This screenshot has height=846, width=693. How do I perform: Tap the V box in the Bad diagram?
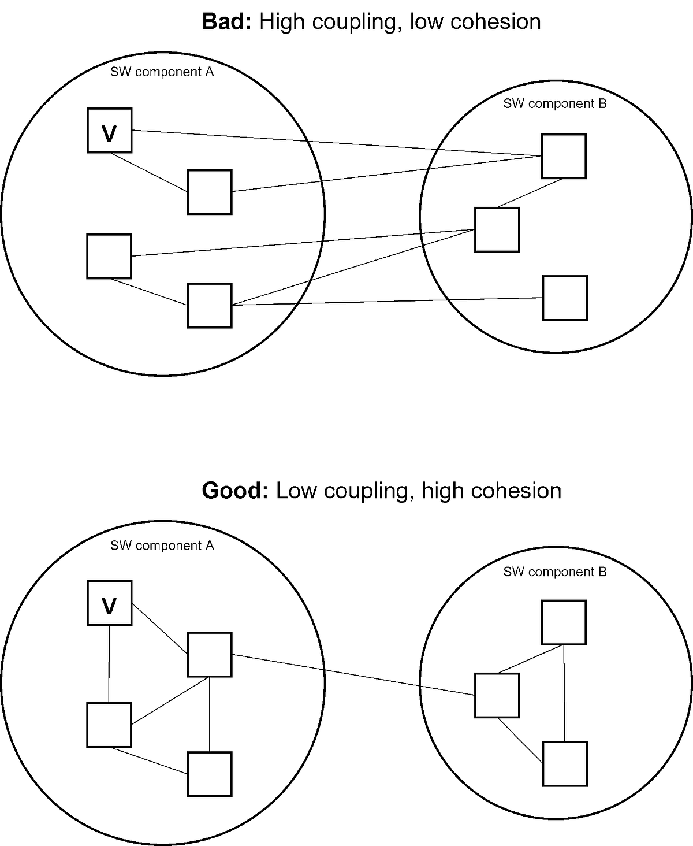click(x=109, y=131)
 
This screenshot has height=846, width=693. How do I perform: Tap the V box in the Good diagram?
click(x=109, y=603)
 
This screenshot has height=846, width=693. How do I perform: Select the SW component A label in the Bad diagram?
click(x=162, y=72)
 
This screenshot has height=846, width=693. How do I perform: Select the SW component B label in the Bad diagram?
click(x=554, y=104)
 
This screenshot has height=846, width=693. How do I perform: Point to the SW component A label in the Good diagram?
click(x=162, y=546)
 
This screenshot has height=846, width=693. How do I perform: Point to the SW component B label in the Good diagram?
click(x=554, y=572)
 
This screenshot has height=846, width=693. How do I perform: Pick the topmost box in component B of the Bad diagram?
click(x=564, y=156)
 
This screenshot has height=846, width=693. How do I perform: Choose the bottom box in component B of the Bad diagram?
click(x=565, y=298)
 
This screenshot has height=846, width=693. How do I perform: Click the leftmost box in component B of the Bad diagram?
click(x=497, y=230)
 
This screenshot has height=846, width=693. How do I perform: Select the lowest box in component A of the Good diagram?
click(x=210, y=774)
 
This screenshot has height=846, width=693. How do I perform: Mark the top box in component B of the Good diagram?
click(x=564, y=622)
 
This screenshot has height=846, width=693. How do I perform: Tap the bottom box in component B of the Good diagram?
click(x=565, y=764)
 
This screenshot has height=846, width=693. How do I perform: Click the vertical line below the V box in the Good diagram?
click(x=109, y=665)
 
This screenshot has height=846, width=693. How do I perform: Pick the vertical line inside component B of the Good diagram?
click(x=564, y=693)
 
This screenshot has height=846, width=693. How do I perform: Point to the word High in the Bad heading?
click(x=280, y=22)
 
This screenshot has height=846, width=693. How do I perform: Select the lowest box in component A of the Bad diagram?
click(x=210, y=306)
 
